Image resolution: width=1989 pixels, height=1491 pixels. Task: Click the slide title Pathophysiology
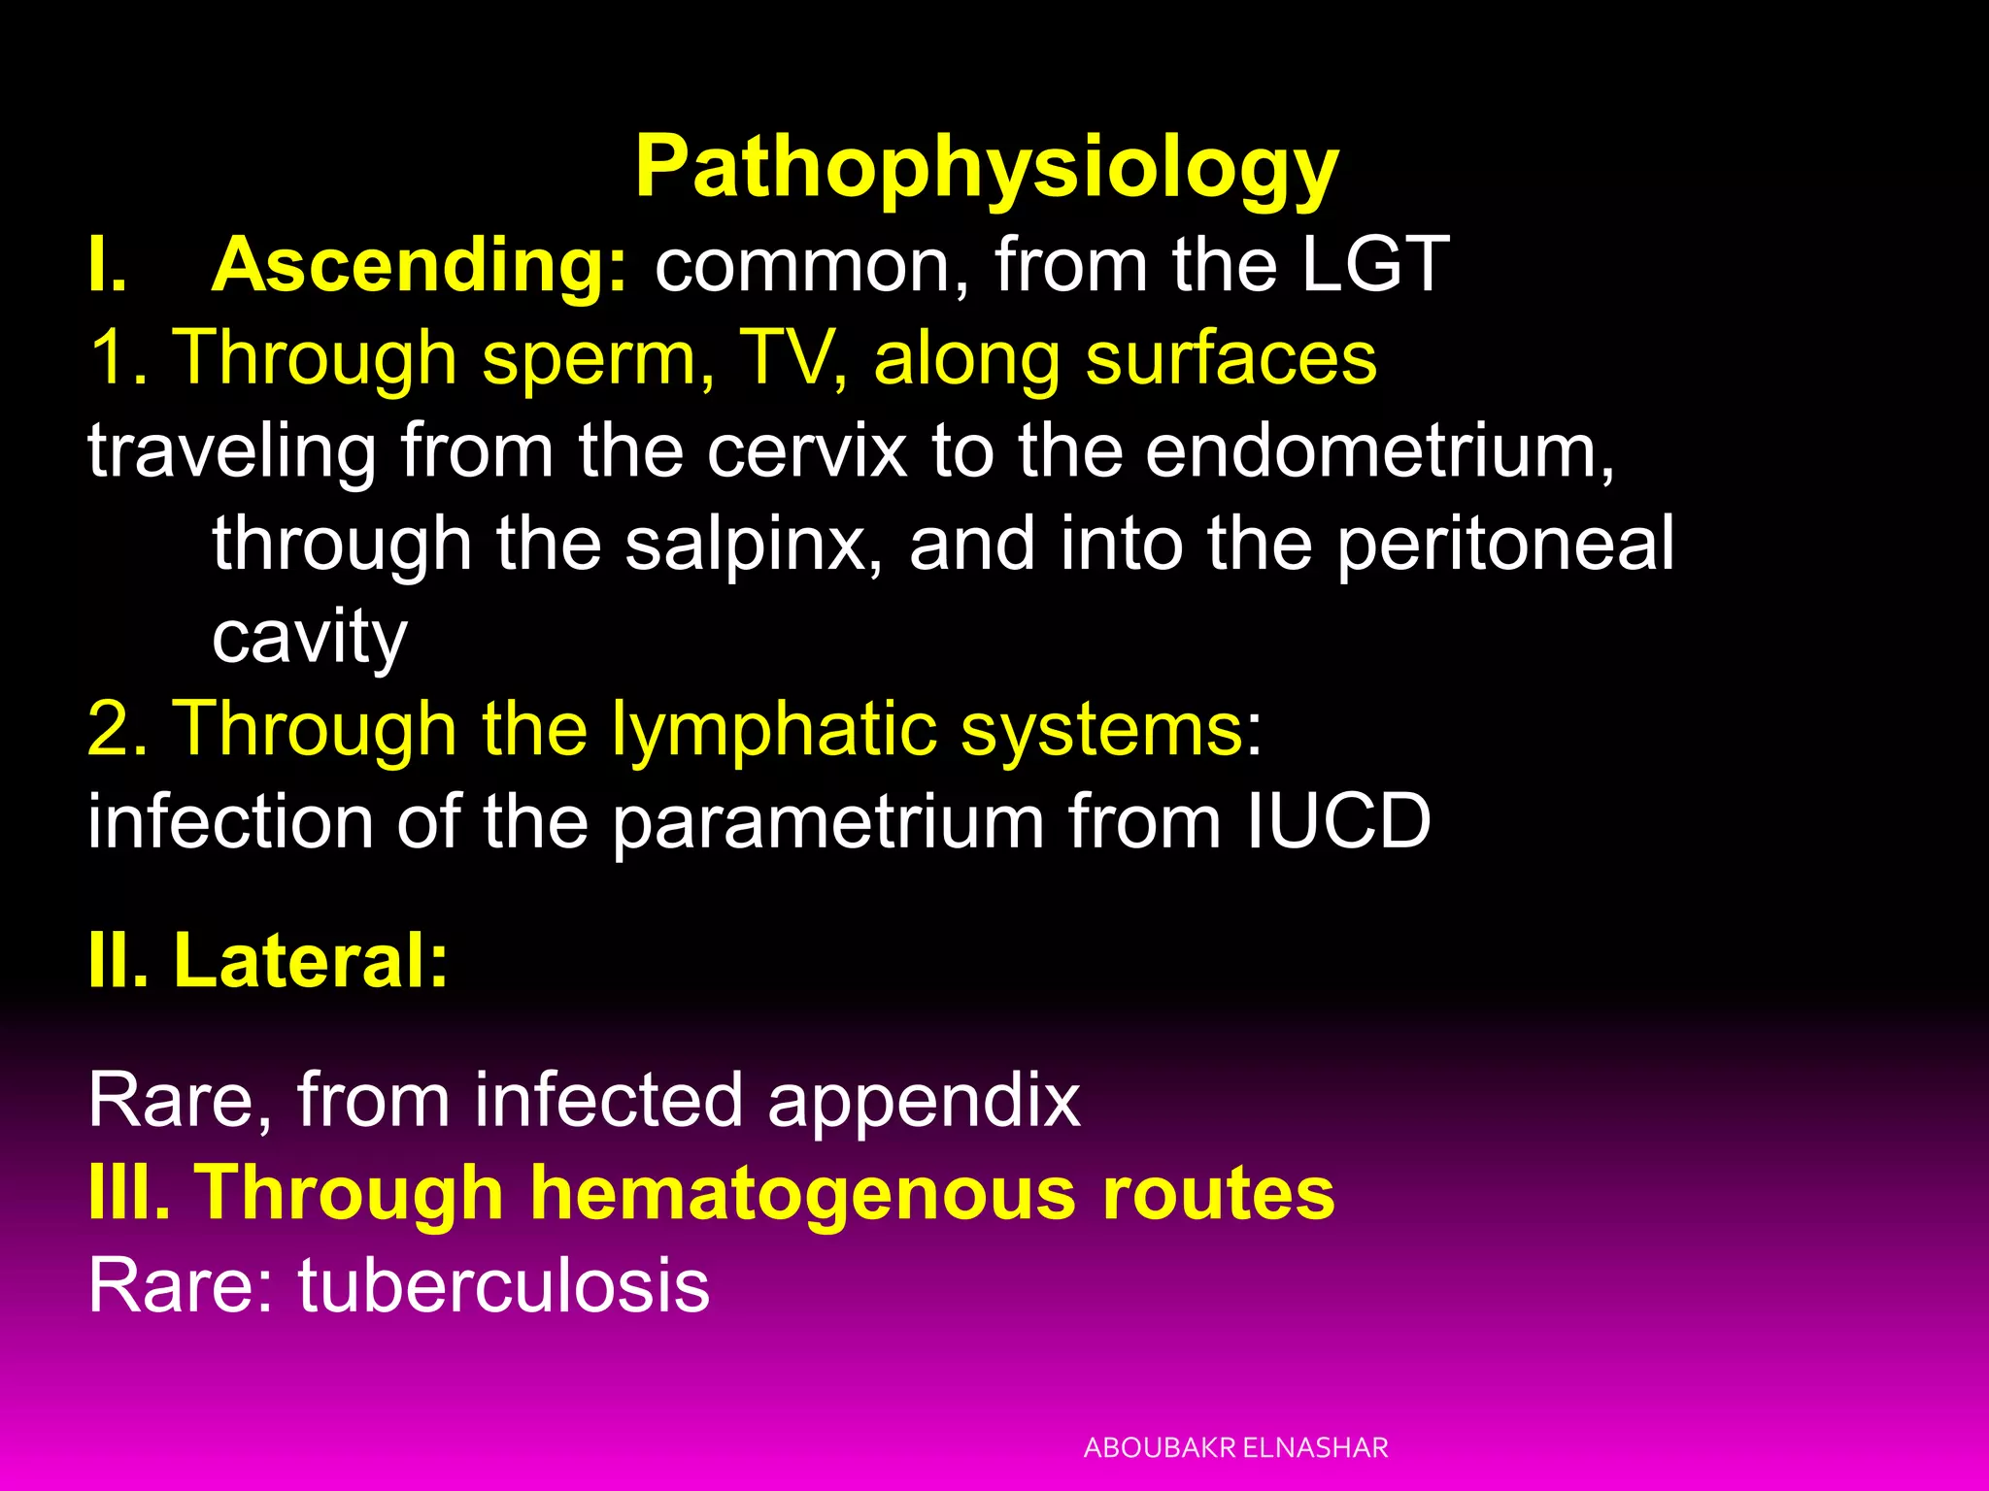pos(987,167)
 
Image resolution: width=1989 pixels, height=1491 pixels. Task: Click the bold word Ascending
pos(420,265)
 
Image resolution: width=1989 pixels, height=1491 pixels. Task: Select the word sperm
pos(590,359)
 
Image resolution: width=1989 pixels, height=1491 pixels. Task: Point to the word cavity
pos(309,638)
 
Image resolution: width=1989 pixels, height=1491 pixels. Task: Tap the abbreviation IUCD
pos(1338,821)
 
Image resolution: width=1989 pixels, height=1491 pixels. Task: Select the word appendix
pos(924,1101)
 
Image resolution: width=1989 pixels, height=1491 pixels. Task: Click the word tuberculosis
pos(503,1285)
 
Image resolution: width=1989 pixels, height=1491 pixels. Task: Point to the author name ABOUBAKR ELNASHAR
pos(1235,1447)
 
